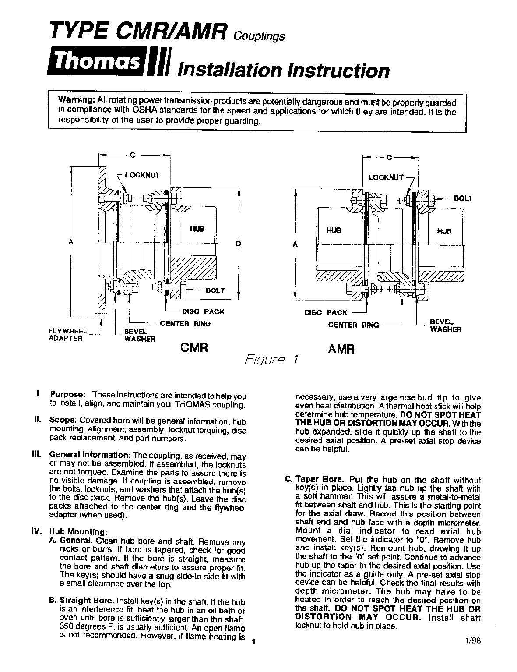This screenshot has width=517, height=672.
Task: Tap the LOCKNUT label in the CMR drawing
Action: (x=142, y=175)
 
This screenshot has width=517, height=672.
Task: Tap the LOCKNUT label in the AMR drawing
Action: (x=386, y=177)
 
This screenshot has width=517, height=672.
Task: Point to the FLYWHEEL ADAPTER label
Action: (x=68, y=335)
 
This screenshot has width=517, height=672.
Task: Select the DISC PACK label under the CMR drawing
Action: (x=203, y=311)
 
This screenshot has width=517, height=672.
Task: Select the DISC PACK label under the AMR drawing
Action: (x=326, y=313)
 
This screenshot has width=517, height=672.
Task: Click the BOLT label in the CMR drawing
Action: (x=215, y=290)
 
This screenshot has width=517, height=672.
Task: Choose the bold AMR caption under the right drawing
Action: (x=341, y=349)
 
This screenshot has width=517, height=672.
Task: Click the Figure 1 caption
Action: (x=272, y=360)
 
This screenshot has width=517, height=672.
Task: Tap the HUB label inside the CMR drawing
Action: (x=197, y=229)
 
